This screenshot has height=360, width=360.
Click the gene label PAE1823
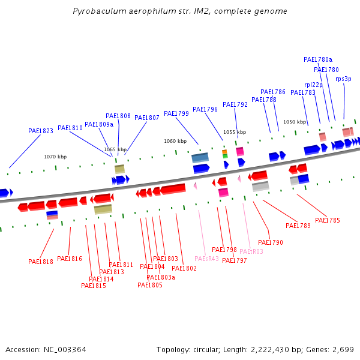click(x=41, y=131)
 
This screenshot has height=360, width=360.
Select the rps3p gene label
click(x=343, y=79)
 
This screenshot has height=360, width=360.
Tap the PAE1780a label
click(x=318, y=59)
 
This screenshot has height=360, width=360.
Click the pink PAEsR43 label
click(x=206, y=259)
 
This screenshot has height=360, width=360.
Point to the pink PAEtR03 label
click(x=251, y=251)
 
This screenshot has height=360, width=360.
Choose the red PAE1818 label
click(x=41, y=262)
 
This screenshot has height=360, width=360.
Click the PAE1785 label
click(x=328, y=220)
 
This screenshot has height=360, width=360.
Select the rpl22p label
click(x=313, y=85)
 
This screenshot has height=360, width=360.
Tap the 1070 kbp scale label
click(x=55, y=157)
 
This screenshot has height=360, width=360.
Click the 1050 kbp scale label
click(x=295, y=122)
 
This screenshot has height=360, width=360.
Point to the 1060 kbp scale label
click(x=175, y=141)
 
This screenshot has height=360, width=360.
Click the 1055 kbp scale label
click(x=235, y=132)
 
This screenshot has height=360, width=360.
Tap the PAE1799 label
click(x=176, y=113)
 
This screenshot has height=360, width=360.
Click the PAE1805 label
click(x=150, y=285)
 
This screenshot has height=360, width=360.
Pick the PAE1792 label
click(x=235, y=104)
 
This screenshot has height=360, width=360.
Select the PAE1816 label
click(x=70, y=259)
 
